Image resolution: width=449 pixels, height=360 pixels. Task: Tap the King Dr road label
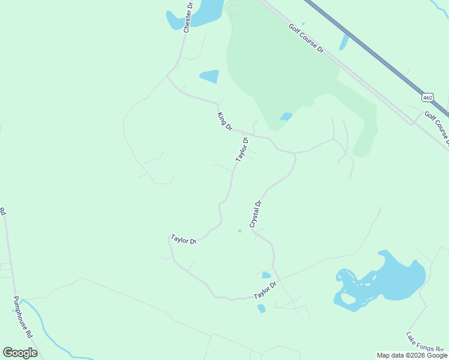224,121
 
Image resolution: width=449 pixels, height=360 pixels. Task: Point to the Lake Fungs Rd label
424,343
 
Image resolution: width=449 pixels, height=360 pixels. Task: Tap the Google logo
20,353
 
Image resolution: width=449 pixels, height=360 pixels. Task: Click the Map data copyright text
412,355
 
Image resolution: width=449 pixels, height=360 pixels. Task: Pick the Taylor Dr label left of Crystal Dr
184,239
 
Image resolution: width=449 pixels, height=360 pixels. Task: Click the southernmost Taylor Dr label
265,291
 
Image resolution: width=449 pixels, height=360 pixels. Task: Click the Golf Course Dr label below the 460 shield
437,127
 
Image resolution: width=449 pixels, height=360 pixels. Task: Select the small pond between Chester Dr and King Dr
209,76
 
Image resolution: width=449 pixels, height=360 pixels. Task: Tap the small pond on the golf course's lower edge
286,116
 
